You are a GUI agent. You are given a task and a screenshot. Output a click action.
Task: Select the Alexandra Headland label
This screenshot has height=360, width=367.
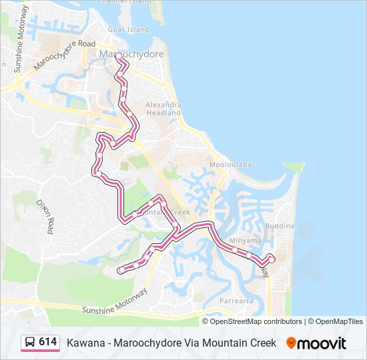(x=163, y=109)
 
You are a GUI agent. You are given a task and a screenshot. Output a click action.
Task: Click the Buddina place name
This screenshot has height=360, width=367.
(x=280, y=227)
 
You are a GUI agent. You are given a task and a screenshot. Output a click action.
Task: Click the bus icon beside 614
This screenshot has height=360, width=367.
(x=30, y=342)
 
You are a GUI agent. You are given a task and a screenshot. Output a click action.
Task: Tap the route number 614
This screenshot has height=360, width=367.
(x=47, y=342)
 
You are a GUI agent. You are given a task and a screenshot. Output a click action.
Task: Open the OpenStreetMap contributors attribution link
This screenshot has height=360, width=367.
(x=256, y=321)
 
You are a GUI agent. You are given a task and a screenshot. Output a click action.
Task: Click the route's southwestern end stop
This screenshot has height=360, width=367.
(x=120, y=270)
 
